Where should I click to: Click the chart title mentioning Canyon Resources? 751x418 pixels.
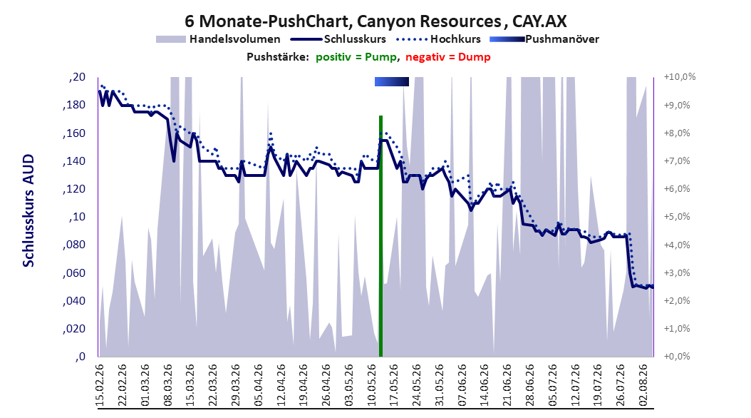pos(375,21)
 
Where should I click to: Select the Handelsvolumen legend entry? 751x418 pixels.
pos(219,39)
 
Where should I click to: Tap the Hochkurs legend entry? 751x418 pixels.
pos(439,39)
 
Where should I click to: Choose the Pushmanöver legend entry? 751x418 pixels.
pos(544,39)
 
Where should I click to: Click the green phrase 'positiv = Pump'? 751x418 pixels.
pos(356,57)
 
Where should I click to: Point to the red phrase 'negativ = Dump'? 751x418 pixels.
pos(448,57)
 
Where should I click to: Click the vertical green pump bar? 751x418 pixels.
pos(380,236)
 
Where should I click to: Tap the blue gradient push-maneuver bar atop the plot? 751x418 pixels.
pos(392,81)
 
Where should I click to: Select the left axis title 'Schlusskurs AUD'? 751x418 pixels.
pos(29,210)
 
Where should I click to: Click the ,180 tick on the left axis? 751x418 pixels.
pos(74,105)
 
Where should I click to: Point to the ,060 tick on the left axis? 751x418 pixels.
pos(74,272)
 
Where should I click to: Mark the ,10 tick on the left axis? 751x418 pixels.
pos(77,217)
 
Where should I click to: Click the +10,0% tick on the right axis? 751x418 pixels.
pos(680,77)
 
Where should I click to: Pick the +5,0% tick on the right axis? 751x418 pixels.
pos(677,217)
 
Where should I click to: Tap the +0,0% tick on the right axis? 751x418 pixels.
pos(677,357)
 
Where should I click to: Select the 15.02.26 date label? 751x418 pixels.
pos(100,385)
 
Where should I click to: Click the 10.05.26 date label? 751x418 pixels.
pos(372,385)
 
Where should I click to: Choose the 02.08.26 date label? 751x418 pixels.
pos(643,385)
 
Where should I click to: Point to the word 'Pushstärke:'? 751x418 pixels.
pos(278,57)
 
